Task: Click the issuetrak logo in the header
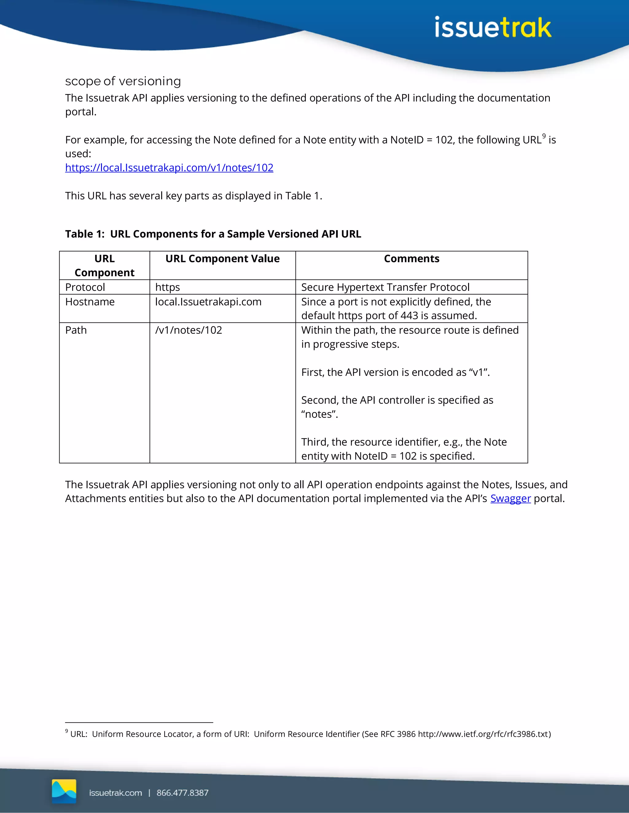pos(493,28)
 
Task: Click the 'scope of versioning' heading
pos(123,81)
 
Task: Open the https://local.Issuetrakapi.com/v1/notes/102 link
pos(169,168)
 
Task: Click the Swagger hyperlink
pos(510,499)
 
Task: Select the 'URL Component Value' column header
pos(222,259)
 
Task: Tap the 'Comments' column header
pos(411,259)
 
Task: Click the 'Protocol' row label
pos(85,287)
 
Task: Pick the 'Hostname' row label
pos(90,302)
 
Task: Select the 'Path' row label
pos(76,330)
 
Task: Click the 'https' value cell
pos(168,287)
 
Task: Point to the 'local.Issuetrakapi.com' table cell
pos(208,302)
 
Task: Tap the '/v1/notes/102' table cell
pos(189,330)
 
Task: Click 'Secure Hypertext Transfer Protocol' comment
pos(385,287)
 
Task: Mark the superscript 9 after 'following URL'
pos(544,136)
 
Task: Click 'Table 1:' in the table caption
pos(84,234)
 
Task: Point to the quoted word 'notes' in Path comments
pos(320,414)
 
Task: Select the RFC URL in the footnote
pos(483,734)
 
